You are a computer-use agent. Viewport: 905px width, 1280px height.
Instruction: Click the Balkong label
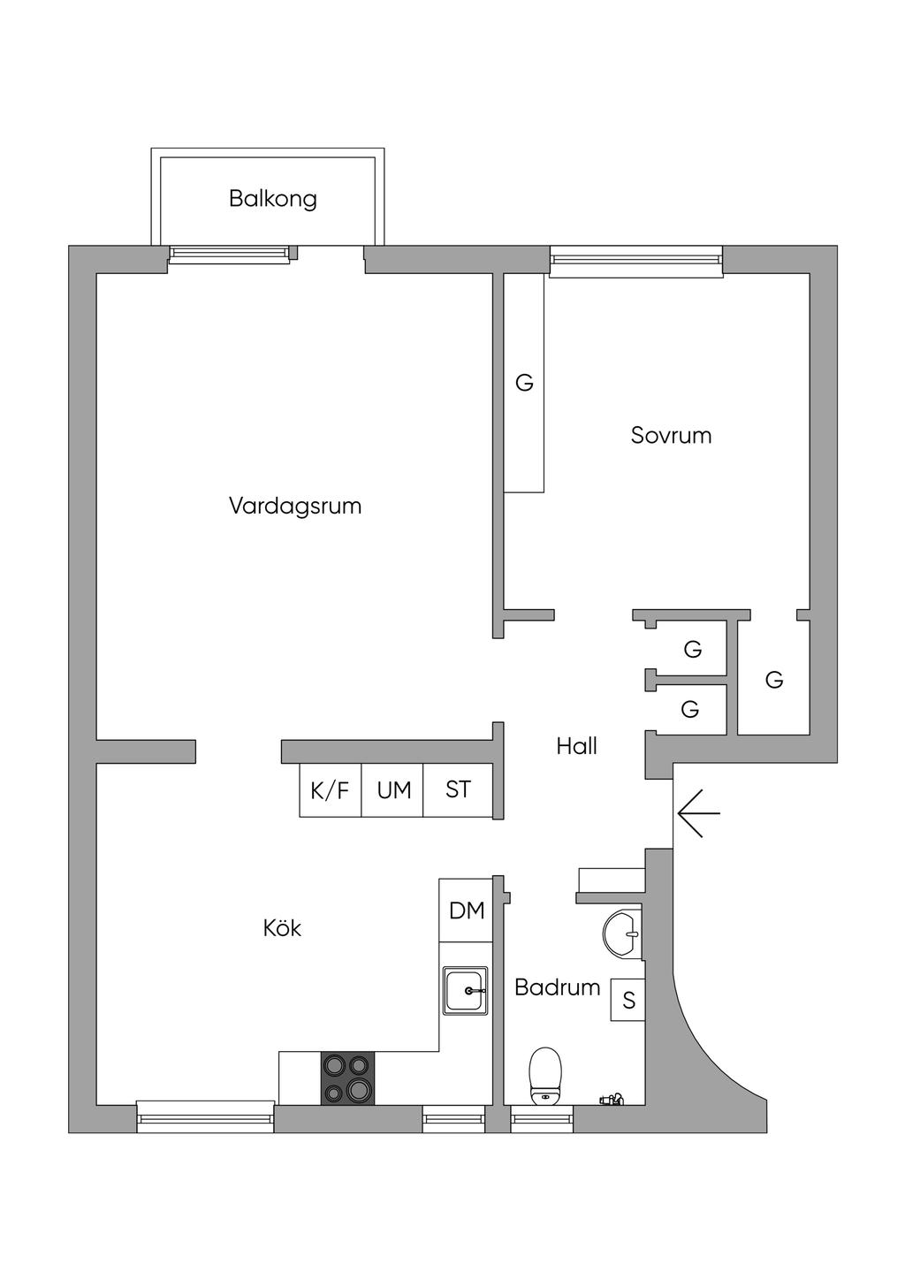coord(272,199)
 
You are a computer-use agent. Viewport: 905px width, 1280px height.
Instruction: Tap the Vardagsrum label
coord(295,506)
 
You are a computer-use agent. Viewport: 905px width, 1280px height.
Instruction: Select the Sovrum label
coord(672,436)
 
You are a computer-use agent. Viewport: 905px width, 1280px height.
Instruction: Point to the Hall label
coord(577,746)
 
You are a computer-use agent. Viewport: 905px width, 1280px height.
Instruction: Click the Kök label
coord(282,928)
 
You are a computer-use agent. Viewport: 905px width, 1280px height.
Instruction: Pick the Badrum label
coord(558,987)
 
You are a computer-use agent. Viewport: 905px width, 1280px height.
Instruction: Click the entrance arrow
coord(699,812)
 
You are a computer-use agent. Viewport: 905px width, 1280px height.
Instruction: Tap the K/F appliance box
coord(331,789)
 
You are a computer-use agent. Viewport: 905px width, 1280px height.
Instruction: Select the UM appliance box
coord(392,789)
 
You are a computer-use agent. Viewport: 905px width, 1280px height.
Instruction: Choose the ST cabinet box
coord(458,789)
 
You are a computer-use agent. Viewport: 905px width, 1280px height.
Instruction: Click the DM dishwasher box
coord(466,910)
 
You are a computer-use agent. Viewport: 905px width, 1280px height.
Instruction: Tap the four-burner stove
coord(347,1078)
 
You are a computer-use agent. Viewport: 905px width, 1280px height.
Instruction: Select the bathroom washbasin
coord(622,933)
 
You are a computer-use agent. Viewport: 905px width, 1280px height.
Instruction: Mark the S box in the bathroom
coord(627,1000)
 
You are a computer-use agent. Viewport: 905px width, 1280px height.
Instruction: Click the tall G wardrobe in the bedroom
coord(524,383)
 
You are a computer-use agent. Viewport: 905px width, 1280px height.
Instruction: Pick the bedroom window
coord(636,262)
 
